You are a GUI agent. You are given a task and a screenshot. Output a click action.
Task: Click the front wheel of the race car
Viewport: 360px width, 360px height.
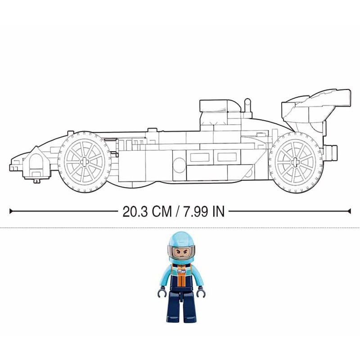(85, 162)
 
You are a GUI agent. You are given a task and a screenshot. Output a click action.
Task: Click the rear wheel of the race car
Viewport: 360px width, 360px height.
(295, 162)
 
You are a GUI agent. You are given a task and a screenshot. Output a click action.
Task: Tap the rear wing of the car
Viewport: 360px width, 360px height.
(316, 108)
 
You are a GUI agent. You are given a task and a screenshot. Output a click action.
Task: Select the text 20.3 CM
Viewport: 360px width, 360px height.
(147, 211)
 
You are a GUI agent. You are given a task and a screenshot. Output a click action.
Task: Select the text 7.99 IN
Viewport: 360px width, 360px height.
(203, 211)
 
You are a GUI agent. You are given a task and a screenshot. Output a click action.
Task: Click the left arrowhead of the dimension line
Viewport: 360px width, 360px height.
(10, 211)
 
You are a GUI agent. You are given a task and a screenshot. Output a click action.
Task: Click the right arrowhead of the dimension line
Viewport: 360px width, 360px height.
(349, 211)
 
